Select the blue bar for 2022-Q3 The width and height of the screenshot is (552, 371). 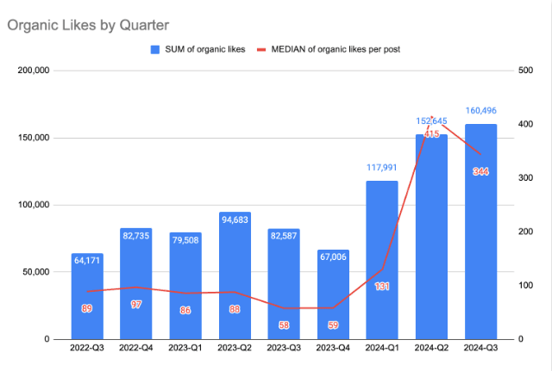pos(86,297)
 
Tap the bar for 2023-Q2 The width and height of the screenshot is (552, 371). pos(235,275)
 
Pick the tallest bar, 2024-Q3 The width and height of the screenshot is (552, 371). pos(480,232)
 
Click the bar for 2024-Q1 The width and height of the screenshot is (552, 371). pos(382,258)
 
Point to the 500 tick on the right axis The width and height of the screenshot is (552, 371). pos(524,71)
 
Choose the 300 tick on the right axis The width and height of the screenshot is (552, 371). pos(524,178)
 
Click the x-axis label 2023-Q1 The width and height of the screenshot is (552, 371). pos(185,349)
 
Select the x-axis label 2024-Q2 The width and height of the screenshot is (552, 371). pos(431,349)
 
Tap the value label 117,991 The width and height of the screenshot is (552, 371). pos(382,169)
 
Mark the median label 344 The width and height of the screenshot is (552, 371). pos(480,171)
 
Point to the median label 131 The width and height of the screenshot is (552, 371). pos(382,287)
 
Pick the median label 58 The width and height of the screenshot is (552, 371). pos(284,325)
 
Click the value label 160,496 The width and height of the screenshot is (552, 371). pos(480,111)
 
